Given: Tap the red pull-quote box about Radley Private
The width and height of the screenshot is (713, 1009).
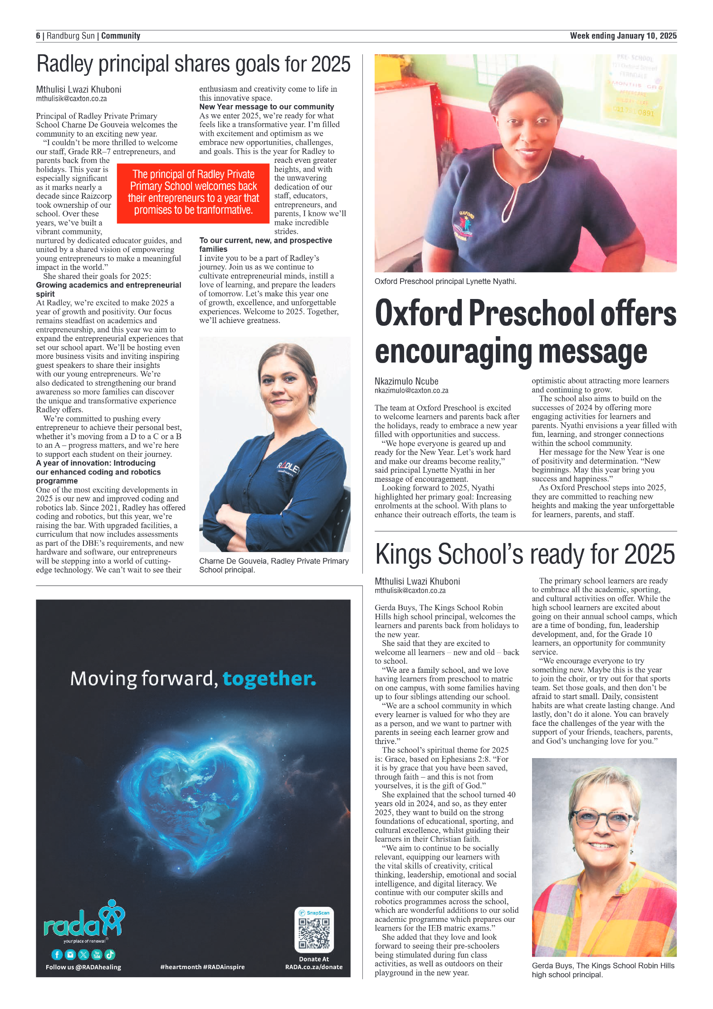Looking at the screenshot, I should click(x=193, y=192).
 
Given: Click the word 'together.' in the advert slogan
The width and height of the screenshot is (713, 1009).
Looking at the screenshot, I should click(x=269, y=679).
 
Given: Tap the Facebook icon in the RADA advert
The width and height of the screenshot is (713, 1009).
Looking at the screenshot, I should click(x=57, y=955).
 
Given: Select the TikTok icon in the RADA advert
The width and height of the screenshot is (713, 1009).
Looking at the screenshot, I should click(x=110, y=955).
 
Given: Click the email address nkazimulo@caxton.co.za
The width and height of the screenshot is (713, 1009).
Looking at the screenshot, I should click(x=411, y=390).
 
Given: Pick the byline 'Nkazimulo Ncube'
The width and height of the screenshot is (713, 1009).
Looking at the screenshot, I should click(x=406, y=381).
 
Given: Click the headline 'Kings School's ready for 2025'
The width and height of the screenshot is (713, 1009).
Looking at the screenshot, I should click(x=525, y=554).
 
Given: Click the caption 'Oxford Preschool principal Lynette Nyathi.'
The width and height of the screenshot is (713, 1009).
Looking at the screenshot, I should click(x=445, y=281).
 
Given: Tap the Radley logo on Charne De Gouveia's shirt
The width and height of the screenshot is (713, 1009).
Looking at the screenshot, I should click(x=288, y=468).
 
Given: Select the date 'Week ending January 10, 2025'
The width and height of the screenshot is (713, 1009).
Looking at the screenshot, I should click(x=623, y=36).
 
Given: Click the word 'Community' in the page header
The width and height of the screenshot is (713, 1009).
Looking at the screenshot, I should click(x=121, y=36).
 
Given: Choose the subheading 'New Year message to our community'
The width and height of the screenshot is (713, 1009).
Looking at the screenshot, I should click(x=267, y=107).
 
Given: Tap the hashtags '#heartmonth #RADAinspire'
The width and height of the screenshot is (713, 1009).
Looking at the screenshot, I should click(x=202, y=967).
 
